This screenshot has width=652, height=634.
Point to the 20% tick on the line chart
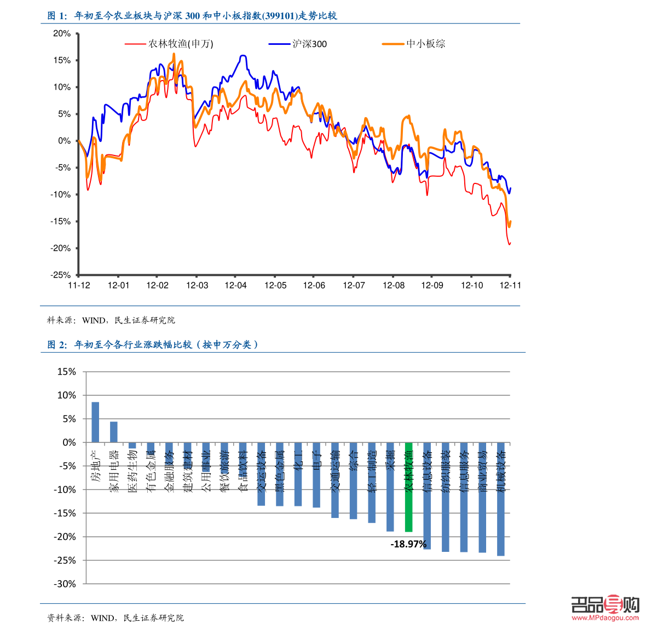pyautogui.click(x=62, y=33)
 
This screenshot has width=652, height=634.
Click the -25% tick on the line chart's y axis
pyautogui.click(x=61, y=275)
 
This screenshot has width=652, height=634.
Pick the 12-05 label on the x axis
pyautogui.click(x=275, y=285)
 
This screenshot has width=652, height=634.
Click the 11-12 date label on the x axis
pyautogui.click(x=79, y=285)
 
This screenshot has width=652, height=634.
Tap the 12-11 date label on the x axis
pyautogui.click(x=510, y=285)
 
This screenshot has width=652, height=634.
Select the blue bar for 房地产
pyautogui.click(x=95, y=422)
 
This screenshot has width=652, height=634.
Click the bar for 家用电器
pyautogui.click(x=114, y=432)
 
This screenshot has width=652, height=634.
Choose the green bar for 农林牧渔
pyautogui.click(x=408, y=487)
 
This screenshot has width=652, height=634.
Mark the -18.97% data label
pyautogui.click(x=408, y=544)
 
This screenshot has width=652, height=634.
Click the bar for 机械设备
pyautogui.click(x=501, y=499)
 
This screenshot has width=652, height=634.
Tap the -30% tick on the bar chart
pyautogui.click(x=65, y=584)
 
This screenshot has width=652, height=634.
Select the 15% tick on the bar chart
pyautogui.click(x=67, y=372)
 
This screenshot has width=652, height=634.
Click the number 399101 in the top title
pyautogui.click(x=279, y=16)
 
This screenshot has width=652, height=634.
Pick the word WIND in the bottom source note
pyautogui.click(x=102, y=618)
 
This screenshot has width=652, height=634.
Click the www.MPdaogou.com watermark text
pyautogui.click(x=605, y=618)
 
